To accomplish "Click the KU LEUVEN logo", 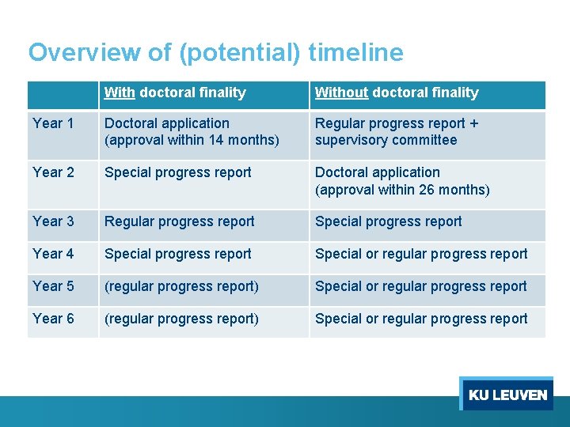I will pyautogui.click(x=507, y=394).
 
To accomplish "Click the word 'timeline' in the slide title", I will pyautogui.click(x=355, y=52).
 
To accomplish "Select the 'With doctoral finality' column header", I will pyautogui.click(x=175, y=93).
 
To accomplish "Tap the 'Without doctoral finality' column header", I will pyautogui.click(x=397, y=93).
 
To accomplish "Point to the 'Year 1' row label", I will pyautogui.click(x=53, y=123).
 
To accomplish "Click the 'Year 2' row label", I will pyautogui.click(x=53, y=172).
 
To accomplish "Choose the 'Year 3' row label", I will pyautogui.click(x=53, y=221).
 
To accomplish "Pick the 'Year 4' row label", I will pyautogui.click(x=53, y=254).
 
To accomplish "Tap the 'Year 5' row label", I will pyautogui.click(x=53, y=286).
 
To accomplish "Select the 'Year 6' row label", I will pyautogui.click(x=53, y=319).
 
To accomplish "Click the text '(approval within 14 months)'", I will pyautogui.click(x=192, y=141).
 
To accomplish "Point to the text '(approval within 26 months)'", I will pyautogui.click(x=402, y=190).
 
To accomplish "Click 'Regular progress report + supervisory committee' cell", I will pyautogui.click(x=397, y=132).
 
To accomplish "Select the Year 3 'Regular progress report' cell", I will pyautogui.click(x=180, y=221).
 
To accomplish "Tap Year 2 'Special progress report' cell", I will pyautogui.click(x=178, y=172).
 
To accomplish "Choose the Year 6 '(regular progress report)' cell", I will pyautogui.click(x=181, y=319).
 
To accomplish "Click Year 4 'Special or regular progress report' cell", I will pyautogui.click(x=421, y=254).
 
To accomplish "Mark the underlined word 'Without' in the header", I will pyautogui.click(x=341, y=93).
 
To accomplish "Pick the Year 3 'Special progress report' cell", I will pyautogui.click(x=389, y=221).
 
